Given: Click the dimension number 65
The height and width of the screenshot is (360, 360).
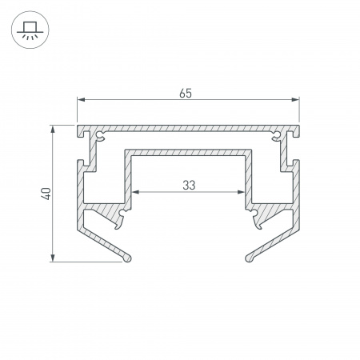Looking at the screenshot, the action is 186,94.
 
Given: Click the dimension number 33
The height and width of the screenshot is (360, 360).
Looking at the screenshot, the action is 189,185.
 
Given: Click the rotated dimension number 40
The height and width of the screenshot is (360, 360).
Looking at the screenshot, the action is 46,194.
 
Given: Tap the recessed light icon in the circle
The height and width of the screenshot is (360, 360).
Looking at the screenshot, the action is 30,30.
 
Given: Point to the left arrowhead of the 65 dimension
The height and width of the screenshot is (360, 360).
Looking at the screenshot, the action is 81,100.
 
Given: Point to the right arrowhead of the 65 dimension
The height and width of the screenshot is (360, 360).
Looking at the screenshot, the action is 295,100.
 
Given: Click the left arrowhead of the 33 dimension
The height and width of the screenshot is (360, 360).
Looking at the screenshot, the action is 136,192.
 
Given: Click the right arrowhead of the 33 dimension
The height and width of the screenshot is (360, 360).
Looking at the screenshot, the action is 241,192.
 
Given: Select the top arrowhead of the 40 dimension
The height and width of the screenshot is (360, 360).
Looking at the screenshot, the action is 53,129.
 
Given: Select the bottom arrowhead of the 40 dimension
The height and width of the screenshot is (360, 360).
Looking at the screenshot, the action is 53,258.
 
